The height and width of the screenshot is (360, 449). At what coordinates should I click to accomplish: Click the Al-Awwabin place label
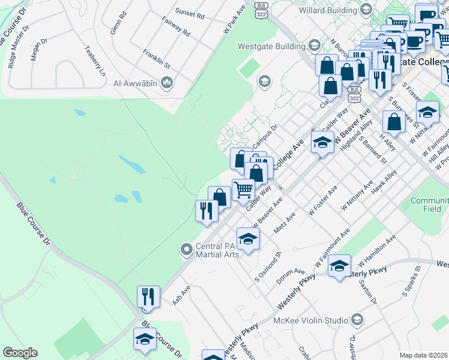tap(135, 83)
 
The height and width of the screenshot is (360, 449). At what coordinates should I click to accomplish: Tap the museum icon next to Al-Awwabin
tap(167, 83)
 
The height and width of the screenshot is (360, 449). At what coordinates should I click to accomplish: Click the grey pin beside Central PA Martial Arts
tap(186, 248)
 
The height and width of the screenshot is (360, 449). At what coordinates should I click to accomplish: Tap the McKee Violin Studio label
tap(312, 320)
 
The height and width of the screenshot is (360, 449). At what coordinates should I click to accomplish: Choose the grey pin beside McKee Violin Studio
tap(358, 319)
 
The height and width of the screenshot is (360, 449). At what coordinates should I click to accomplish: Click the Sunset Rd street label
tap(190, 11)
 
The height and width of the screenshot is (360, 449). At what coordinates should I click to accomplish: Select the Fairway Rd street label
tap(176, 27)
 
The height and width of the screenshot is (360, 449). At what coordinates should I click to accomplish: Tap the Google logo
tap(20, 353)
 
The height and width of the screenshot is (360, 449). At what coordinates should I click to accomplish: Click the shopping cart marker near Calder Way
tap(243, 190)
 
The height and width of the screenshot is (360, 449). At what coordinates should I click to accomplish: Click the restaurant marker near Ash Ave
tap(148, 296)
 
